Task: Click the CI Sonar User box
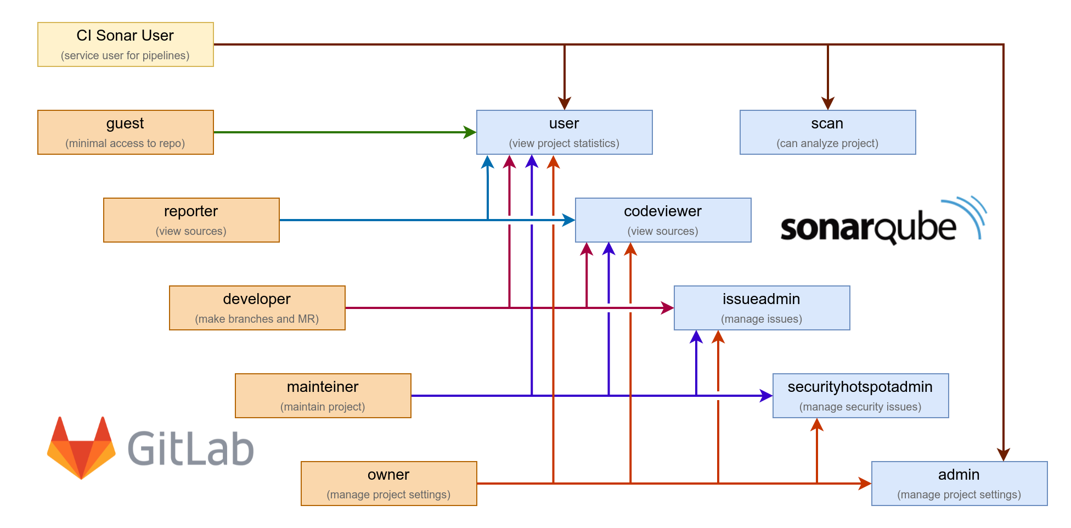(125, 44)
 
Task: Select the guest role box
(125, 132)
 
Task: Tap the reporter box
(191, 220)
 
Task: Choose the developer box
(257, 308)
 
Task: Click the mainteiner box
(323, 396)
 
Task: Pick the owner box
(388, 484)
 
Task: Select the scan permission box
(827, 132)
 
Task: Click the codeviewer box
(663, 220)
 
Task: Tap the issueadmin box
(762, 308)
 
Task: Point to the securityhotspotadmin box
(860, 396)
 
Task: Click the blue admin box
(959, 484)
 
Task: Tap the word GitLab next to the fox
(191, 449)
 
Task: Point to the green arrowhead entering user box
(470, 132)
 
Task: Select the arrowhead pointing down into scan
(827, 103)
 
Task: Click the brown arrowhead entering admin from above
(1003, 454)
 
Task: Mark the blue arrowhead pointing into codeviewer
(568, 220)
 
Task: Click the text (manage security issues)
(860, 407)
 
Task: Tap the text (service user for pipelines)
(125, 55)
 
